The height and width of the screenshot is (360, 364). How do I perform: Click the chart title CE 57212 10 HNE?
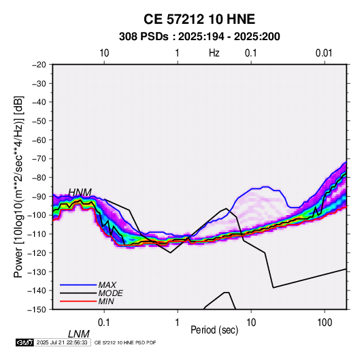click(199, 19)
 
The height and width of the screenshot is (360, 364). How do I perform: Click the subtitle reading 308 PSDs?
click(144, 37)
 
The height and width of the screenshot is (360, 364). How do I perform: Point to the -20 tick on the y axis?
click(39, 65)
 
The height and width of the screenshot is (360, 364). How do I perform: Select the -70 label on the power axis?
click(39, 159)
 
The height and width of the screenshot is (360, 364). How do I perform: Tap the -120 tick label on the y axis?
click(37, 252)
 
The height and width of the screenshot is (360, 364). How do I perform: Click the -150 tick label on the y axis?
click(37, 310)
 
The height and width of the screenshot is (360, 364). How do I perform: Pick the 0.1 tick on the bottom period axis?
click(104, 323)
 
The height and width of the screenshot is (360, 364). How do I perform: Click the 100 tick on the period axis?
click(325, 323)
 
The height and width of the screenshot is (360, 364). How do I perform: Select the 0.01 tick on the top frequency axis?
click(324, 53)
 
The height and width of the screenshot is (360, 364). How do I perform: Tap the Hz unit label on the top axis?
click(214, 53)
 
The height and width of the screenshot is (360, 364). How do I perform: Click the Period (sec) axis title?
click(214, 330)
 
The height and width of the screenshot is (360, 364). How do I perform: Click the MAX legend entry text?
click(107, 284)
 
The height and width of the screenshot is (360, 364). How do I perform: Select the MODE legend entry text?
click(110, 293)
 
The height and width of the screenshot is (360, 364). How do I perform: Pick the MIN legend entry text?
click(106, 301)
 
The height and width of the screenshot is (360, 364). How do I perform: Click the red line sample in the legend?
click(78, 301)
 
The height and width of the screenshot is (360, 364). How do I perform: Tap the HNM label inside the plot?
click(80, 193)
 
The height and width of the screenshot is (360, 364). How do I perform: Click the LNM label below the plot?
click(79, 334)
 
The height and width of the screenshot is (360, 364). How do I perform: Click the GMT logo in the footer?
click(24, 342)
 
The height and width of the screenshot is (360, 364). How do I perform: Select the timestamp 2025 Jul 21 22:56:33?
click(62, 342)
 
